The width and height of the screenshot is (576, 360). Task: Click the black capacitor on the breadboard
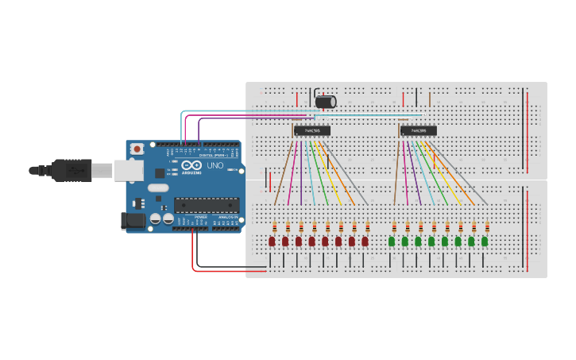pos(326,102)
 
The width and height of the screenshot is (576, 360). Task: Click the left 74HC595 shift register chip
pos(312,130)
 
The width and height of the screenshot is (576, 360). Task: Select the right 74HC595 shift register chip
pos(419,130)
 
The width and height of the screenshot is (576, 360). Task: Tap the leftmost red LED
pos(272,241)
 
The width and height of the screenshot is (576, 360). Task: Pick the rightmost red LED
pos(365,241)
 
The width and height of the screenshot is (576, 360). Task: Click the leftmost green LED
pos(392,241)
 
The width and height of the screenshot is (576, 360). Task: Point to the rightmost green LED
pos(485,241)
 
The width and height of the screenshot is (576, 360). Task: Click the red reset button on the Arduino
pos(137,149)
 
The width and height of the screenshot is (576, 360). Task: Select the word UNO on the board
pos(215,165)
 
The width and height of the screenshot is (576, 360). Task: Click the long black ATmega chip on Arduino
pos(206,204)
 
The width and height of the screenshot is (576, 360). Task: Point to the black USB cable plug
pos(72,169)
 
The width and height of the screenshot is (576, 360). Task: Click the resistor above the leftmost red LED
pos(274,227)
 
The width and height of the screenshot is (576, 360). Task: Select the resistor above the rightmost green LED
pos(487,227)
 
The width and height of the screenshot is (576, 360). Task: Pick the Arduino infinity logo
pos(191,165)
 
